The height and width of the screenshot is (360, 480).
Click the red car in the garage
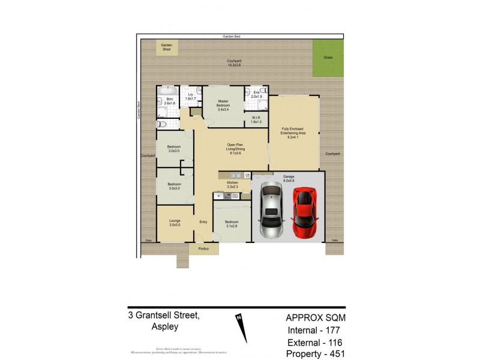coord(304,212)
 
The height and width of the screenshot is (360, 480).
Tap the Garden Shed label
coord(166,47)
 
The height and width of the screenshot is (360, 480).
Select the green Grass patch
coord(328,59)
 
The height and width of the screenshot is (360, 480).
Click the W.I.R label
coord(256,119)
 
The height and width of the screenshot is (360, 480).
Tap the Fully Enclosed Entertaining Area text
coord(293,133)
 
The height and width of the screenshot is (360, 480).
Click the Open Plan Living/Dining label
coord(235,148)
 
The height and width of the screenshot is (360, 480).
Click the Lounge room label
coord(175,223)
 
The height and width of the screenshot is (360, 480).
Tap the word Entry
coord(203,221)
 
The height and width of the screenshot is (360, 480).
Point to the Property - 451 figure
coord(316,353)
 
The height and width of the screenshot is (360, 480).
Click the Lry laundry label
coord(190,96)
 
